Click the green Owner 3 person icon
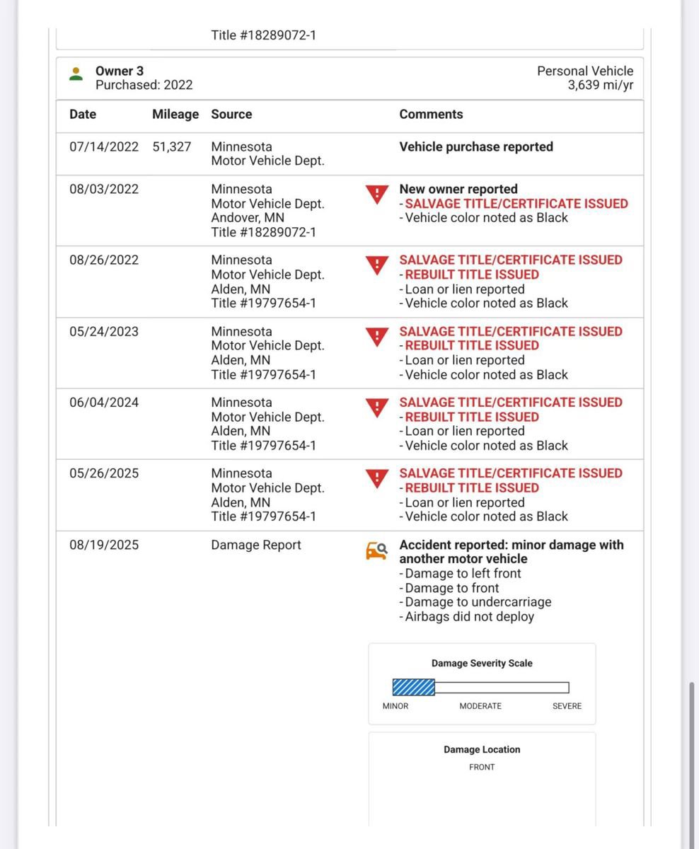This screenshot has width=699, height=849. [76, 74]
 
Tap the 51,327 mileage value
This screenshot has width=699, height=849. [171, 146]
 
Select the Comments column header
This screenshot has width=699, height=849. [431, 114]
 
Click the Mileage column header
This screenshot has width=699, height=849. [175, 114]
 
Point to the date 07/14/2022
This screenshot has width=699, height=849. [104, 146]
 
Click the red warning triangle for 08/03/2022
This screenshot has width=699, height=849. [377, 194]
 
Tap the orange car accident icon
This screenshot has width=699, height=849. [376, 550]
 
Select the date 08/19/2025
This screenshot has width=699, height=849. [104, 545]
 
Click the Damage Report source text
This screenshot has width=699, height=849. [255, 545]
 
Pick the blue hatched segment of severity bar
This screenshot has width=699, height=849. [414, 687]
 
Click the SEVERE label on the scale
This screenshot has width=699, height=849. [567, 706]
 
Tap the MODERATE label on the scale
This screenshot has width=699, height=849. [480, 706]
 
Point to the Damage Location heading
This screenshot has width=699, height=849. [482, 749]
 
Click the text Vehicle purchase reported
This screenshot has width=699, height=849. [476, 146]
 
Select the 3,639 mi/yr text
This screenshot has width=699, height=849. [600, 85]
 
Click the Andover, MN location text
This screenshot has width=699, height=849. [248, 218]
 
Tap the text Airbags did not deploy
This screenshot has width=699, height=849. [469, 616]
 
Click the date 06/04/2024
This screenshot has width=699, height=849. [104, 403]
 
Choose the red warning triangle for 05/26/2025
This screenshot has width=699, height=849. [377, 478]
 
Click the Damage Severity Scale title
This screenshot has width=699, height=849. [482, 663]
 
